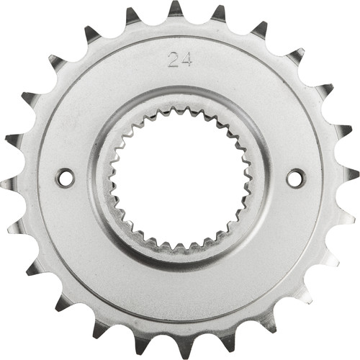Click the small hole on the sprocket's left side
point(65,177)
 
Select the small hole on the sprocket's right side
point(295,177)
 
